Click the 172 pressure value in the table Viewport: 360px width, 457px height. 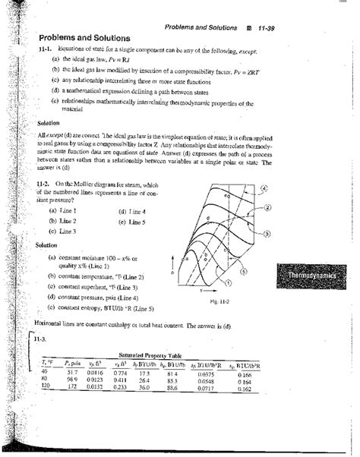[73, 386]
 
